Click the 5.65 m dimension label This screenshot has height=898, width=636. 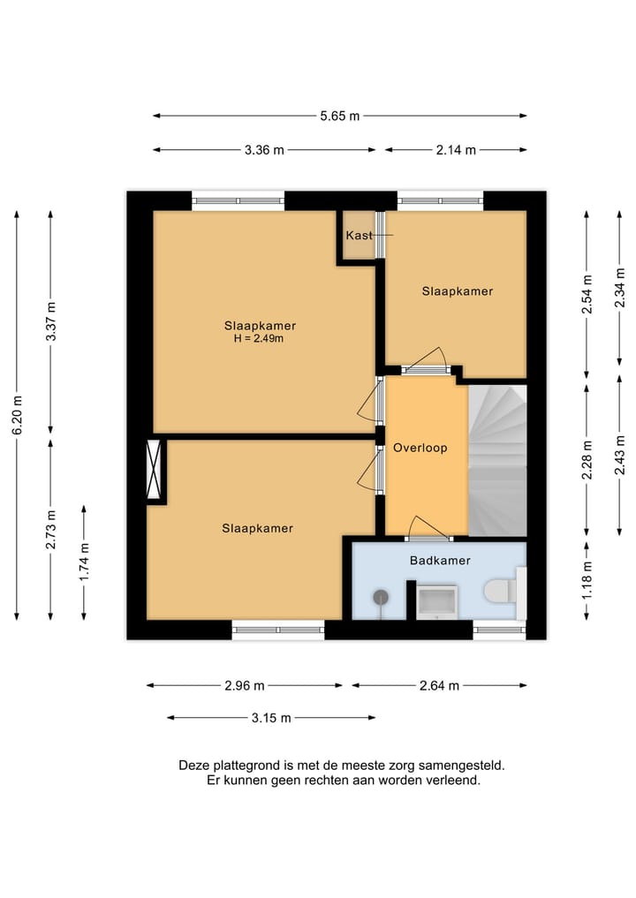pos(340,116)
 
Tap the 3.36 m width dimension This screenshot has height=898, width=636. pos(264,150)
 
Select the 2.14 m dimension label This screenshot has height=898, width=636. pos(456,150)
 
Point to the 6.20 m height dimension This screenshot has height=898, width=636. pos(17,415)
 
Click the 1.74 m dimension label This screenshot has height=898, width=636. pos(84,562)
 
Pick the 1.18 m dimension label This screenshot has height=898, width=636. pos(587,580)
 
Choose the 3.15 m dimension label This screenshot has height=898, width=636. pos(271,718)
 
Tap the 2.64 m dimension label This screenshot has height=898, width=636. pos(440,685)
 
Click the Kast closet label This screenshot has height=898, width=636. pos(360,236)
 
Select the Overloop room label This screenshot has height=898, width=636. pos(420,448)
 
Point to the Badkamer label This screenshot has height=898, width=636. pos(440,561)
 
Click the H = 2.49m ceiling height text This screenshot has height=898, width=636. pos(259,338)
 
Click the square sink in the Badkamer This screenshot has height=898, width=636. pos(436,601)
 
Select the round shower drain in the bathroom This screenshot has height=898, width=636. pos(381,598)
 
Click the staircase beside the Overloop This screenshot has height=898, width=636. pos(497,460)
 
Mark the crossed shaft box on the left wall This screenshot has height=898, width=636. pos(154,469)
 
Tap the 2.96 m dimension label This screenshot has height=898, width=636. pos(245,685)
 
